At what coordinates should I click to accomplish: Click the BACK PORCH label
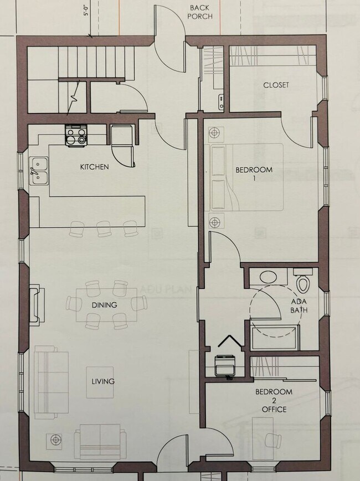[199, 12]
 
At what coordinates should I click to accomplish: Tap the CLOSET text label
[276, 85]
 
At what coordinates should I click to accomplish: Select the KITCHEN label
[94, 167]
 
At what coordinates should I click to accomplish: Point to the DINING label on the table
[104, 305]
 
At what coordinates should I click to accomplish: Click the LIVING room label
[103, 381]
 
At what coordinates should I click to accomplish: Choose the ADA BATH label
[299, 306]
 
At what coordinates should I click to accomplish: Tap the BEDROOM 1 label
[254, 174]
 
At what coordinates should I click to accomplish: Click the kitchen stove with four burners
[76, 135]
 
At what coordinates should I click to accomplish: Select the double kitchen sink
[38, 170]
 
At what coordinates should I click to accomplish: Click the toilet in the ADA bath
[302, 282]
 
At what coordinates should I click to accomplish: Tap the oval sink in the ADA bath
[269, 277]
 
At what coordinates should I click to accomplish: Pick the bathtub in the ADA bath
[275, 337]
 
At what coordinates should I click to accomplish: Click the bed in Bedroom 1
[244, 177]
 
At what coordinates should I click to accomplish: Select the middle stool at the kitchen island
[104, 228]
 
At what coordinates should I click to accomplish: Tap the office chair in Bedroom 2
[272, 438]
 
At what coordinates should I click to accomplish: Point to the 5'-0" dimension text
[86, 11]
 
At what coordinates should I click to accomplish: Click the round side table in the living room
[55, 440]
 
